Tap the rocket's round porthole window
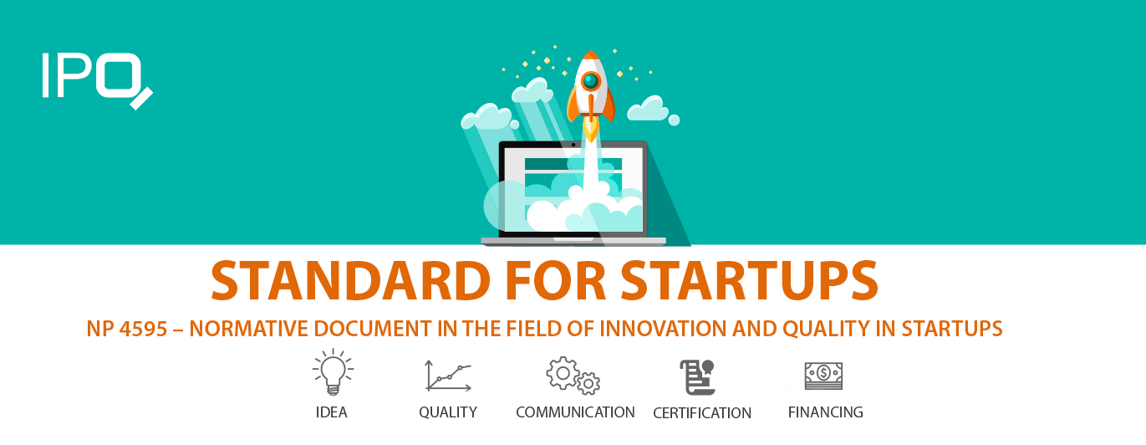tap(591, 81)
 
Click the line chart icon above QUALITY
tap(449, 376)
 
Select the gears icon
tap(573, 376)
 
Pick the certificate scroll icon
tap(697, 376)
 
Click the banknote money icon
tap(823, 375)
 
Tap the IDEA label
tap(332, 412)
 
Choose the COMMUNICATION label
tap(575, 412)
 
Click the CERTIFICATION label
tap(702, 413)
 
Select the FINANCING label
tap(826, 412)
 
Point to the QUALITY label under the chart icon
tap(448, 412)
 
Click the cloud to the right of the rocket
tap(649, 109)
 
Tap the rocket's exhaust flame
tap(591, 129)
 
